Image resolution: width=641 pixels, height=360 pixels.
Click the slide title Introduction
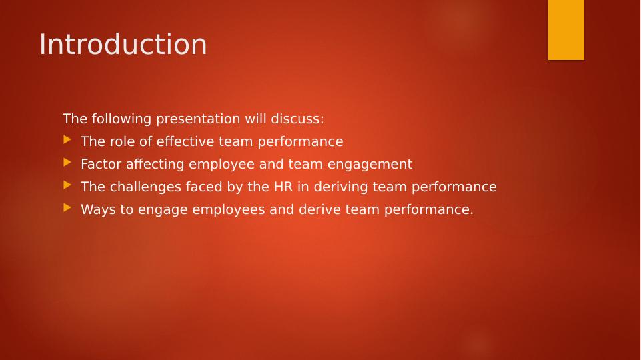coord(123,44)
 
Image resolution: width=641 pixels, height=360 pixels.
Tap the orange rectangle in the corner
coord(566,30)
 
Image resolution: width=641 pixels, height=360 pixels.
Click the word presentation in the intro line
coord(198,119)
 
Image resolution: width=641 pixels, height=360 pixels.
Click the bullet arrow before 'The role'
coord(67,140)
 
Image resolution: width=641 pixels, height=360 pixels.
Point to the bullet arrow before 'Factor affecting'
coord(67,163)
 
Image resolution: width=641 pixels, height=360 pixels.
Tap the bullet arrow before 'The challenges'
coord(67,185)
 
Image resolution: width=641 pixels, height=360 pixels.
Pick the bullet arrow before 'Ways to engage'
coord(67,207)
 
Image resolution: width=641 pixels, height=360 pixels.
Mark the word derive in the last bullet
coord(319,209)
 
